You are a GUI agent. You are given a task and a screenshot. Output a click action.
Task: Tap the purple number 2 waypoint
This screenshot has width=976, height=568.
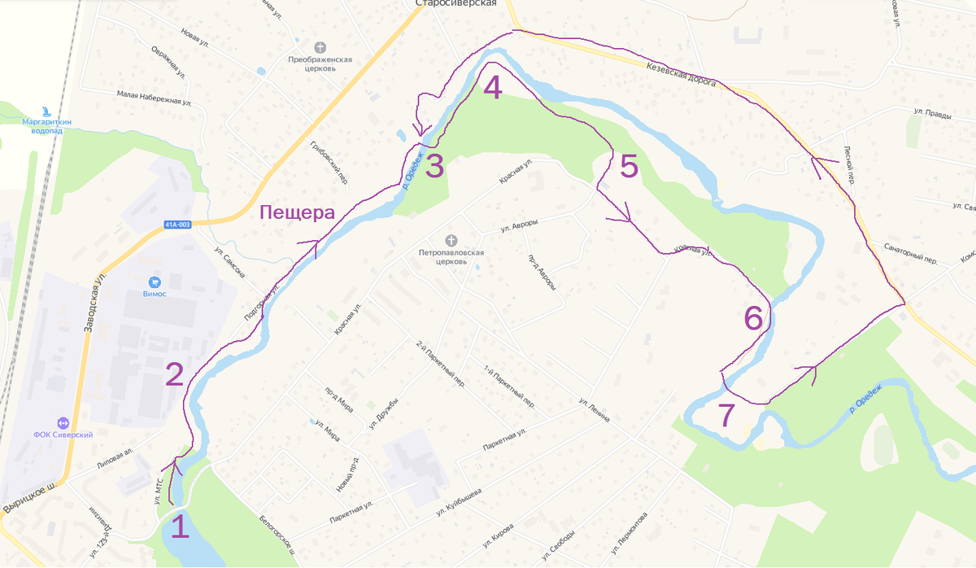tap(174, 374)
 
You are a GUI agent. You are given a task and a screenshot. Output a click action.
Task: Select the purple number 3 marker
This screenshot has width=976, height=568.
tap(434, 166)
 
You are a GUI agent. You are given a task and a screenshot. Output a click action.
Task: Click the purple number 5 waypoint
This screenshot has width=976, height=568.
tap(629, 166)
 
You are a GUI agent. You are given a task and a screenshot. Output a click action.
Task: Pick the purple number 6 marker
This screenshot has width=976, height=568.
tap(754, 318)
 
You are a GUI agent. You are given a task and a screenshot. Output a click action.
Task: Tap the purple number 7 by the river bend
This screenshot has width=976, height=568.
tap(726, 416)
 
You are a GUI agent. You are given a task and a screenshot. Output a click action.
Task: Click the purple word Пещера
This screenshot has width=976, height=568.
tap(297, 213)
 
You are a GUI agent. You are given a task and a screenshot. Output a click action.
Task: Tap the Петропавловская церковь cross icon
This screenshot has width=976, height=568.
tap(451, 240)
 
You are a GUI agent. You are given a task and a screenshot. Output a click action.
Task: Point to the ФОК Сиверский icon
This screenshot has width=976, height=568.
tap(62, 422)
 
